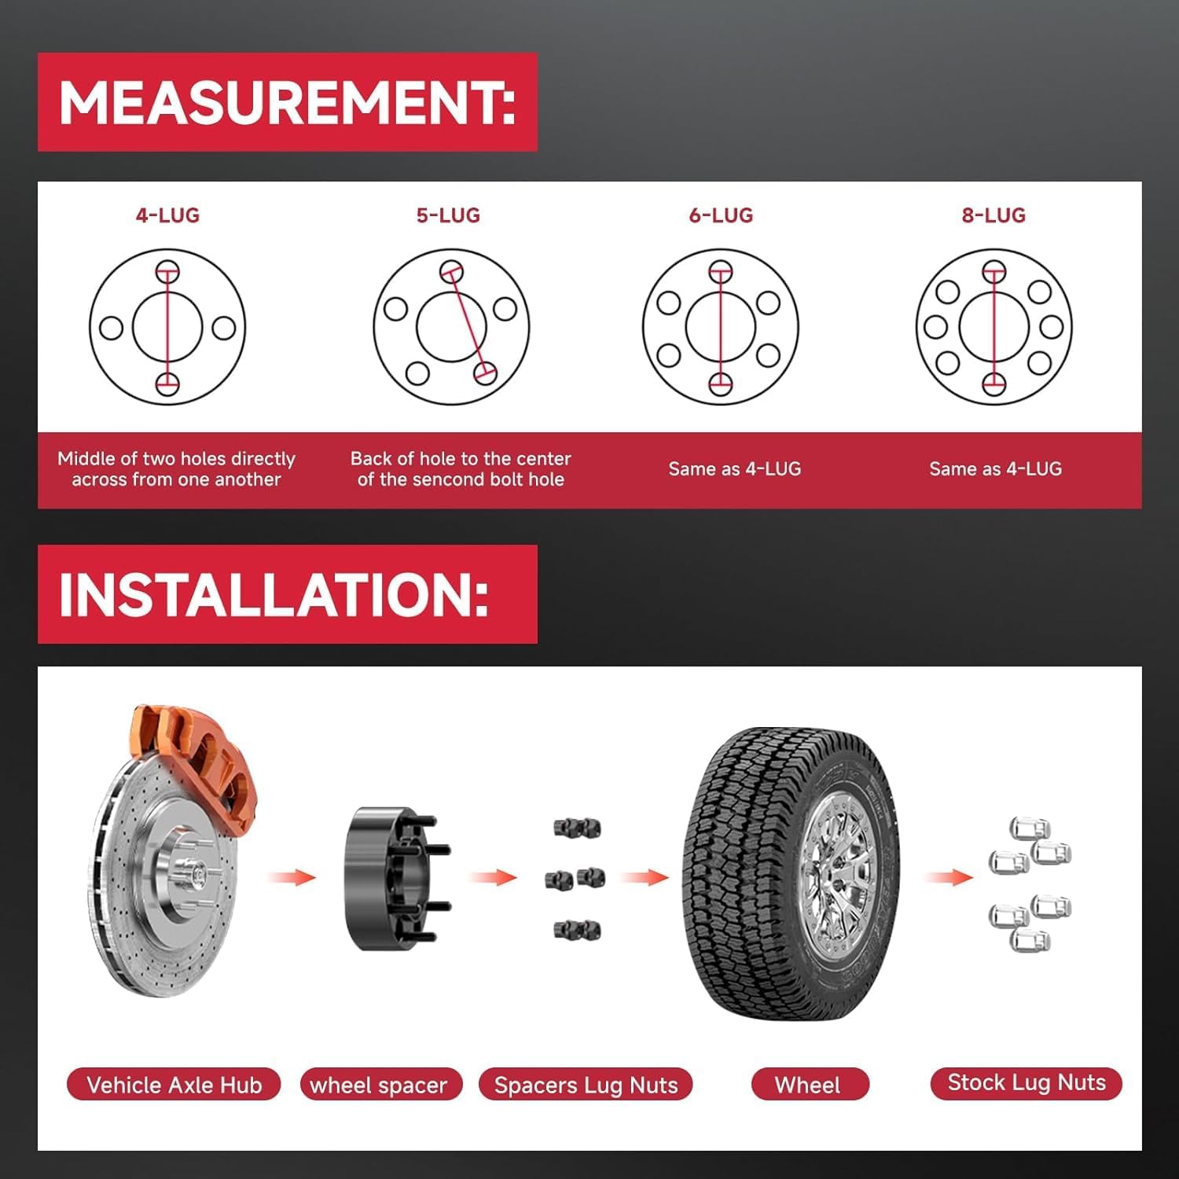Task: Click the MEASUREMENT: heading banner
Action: [x=287, y=102]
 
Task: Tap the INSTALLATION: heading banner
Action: [x=287, y=594]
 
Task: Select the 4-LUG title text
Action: [x=167, y=215]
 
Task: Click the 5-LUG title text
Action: [x=448, y=215]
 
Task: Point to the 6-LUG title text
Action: [x=721, y=215]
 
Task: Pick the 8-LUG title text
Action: [x=994, y=215]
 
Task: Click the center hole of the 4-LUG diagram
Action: [x=149, y=327]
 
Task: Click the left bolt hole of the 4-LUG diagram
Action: [x=111, y=328]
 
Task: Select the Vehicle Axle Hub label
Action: [x=174, y=1085]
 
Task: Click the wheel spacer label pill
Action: [x=380, y=1085]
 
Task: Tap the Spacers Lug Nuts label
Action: [x=586, y=1085]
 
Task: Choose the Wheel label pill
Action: [x=809, y=1085]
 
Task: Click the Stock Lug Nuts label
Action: [x=1026, y=1083]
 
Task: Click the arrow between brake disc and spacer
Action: [x=292, y=876]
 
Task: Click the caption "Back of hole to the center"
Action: [x=461, y=458]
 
